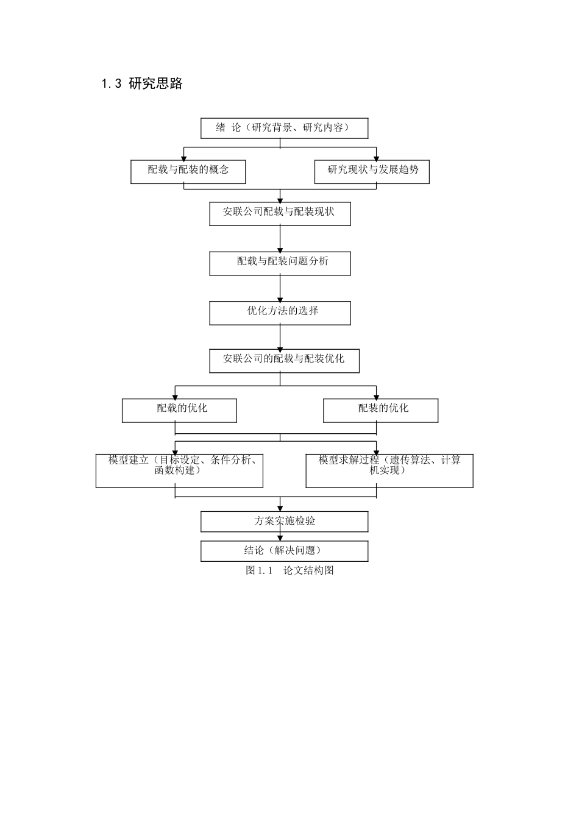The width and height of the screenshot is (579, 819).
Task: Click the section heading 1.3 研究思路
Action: click(142, 84)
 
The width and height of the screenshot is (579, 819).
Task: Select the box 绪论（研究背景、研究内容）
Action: click(284, 128)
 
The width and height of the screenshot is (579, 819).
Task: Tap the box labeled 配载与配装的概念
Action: click(188, 171)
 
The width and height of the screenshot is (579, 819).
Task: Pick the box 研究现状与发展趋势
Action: click(372, 171)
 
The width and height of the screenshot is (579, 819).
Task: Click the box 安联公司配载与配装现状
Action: click(280, 213)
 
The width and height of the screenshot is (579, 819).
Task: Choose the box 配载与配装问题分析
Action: click(280, 263)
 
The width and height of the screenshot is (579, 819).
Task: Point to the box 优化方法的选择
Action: click(280, 313)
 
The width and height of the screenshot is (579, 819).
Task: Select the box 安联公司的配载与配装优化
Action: click(284, 360)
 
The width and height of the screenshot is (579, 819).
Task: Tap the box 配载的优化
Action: click(179, 410)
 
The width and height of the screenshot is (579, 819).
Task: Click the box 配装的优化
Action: click(380, 410)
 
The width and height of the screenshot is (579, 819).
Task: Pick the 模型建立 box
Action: click(179, 470)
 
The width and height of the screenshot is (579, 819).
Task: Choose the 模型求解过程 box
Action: click(389, 470)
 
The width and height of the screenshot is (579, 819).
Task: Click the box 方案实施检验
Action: click(284, 522)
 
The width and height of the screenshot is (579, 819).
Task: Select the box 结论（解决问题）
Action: click(284, 551)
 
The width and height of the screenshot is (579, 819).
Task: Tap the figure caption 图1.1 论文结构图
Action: click(289, 571)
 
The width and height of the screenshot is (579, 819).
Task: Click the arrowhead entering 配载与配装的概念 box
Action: click(184, 157)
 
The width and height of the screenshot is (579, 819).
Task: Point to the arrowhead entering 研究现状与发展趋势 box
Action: click(376, 157)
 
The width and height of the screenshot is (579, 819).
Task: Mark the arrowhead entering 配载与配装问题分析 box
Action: click(280, 249)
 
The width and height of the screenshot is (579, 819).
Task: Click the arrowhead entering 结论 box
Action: click(280, 538)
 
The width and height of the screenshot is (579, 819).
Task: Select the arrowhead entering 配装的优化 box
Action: click(376, 396)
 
